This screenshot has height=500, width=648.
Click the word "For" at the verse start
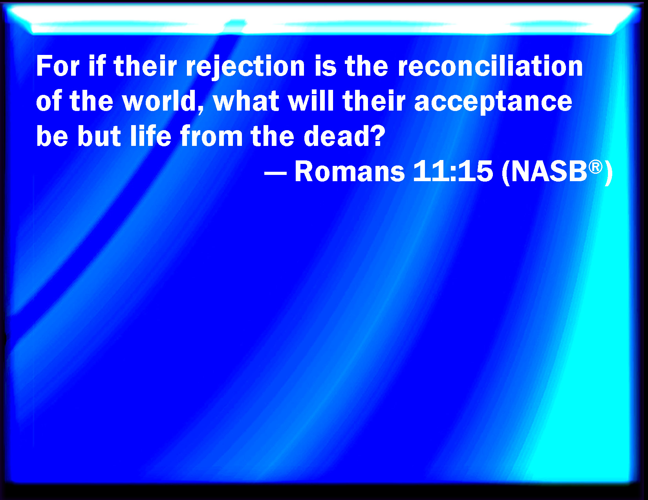coord(58,66)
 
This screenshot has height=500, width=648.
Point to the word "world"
coord(163,101)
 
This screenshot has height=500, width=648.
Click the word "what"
coord(246,101)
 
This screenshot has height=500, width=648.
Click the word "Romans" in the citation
coord(350,171)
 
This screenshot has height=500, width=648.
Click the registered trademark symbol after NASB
coord(595,167)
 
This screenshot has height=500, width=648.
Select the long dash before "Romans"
coord(275,173)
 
